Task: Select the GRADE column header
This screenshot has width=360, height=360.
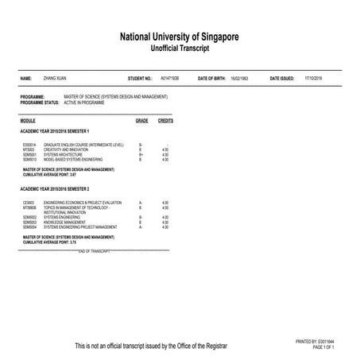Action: tap(141, 120)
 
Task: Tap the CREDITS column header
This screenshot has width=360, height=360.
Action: tap(165, 120)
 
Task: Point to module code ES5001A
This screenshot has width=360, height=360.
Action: tap(30, 145)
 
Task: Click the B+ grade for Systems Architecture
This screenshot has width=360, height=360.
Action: tap(141, 154)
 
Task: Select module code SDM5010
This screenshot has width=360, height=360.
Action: tap(30, 159)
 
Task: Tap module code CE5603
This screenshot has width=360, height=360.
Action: tap(29, 203)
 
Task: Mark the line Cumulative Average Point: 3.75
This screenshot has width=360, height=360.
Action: tap(50, 242)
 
